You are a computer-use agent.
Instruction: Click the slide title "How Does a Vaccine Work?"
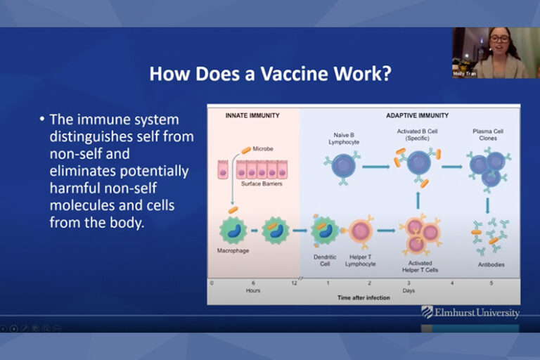[270, 74]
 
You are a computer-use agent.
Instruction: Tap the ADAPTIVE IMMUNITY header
[417, 115]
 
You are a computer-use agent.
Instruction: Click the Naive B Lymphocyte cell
[345, 166]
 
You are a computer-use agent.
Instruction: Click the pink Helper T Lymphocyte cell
[361, 230]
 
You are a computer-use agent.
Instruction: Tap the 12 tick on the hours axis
[295, 282]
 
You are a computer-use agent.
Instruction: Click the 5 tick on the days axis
[491, 282]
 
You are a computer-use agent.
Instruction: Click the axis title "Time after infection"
[364, 297]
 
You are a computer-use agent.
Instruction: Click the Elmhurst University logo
[470, 312]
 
